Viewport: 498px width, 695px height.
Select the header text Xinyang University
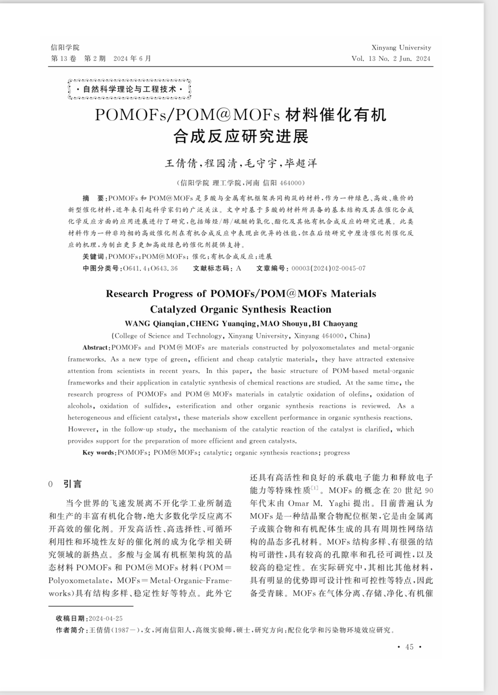[401, 48]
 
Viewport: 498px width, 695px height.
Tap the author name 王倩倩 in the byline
[181, 163]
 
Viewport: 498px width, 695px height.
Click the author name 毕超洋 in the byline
[301, 163]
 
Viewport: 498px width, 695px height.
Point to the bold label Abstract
[96, 348]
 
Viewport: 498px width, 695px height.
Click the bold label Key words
[99, 452]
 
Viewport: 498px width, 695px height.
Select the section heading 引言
[73, 484]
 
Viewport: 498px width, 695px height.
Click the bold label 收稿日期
[72, 619]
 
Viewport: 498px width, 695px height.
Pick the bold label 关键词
[95, 257]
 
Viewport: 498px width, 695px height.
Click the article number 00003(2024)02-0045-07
[329, 268]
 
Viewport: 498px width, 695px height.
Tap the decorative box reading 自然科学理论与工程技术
[129, 89]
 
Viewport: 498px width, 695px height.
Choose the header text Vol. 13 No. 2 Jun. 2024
[391, 59]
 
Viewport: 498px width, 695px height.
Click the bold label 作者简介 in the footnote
[72, 630]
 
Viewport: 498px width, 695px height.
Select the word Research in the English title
[127, 294]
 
